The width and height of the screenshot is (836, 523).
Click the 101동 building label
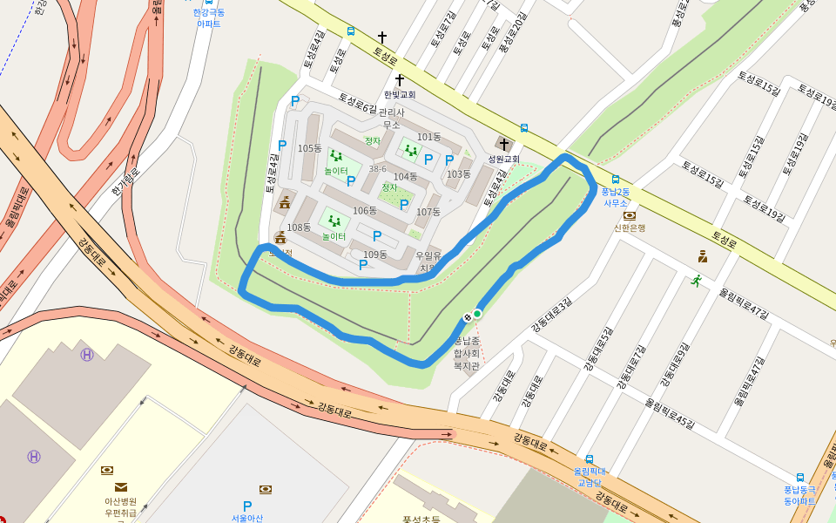(x=428, y=137)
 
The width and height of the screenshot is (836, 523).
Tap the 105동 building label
(x=309, y=148)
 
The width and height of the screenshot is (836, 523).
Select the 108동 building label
(x=299, y=228)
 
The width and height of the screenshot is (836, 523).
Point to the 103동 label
(x=458, y=174)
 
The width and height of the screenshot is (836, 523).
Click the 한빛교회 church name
(x=400, y=94)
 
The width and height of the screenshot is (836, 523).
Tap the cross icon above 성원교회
(x=503, y=144)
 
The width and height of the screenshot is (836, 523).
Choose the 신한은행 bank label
(x=629, y=228)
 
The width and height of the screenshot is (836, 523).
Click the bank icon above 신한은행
(x=629, y=215)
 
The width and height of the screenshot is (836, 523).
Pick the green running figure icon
(x=696, y=281)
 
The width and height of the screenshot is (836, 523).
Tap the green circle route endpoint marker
(x=477, y=313)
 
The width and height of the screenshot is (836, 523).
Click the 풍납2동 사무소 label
(x=616, y=197)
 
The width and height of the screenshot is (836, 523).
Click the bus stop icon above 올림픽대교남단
(x=590, y=459)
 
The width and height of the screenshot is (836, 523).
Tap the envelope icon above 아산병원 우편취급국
(x=120, y=487)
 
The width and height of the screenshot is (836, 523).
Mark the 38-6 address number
(x=377, y=169)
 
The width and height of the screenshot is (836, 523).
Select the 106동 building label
(x=364, y=211)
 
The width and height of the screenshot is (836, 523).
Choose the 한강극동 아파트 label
(x=209, y=18)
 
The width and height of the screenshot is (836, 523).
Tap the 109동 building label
(x=374, y=255)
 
